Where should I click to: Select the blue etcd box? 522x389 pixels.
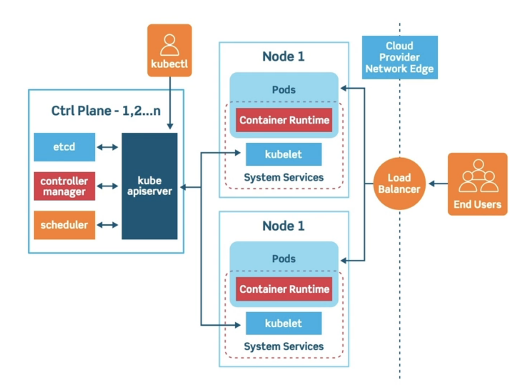[x=64, y=147]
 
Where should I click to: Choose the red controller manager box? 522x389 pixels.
[x=64, y=186]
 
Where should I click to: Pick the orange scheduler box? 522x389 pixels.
[x=64, y=225]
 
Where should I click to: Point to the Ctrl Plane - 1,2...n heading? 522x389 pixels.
[x=106, y=111]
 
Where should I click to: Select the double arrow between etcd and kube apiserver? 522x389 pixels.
[x=108, y=147]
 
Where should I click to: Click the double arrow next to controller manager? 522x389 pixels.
[x=108, y=186]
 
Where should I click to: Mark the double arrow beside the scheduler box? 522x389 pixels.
[x=108, y=225]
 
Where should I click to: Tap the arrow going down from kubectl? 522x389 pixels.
[x=170, y=105]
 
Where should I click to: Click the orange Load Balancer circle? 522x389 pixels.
[x=400, y=183]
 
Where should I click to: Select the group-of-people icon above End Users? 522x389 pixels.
[x=478, y=177]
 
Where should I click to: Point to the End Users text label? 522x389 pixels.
[x=477, y=205]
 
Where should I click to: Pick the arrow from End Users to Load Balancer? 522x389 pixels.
[x=438, y=183]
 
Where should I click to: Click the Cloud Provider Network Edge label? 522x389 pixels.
[x=399, y=57]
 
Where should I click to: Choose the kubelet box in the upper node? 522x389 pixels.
[x=284, y=154]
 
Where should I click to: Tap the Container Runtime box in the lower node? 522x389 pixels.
[x=284, y=289]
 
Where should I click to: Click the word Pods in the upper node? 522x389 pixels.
[x=284, y=90]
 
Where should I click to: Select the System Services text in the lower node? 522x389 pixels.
[x=284, y=346]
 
